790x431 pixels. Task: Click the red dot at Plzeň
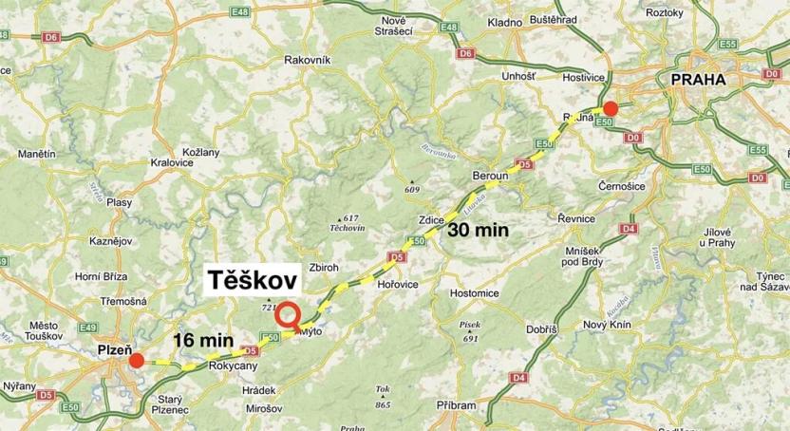(138, 360)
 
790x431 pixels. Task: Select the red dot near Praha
(611, 108)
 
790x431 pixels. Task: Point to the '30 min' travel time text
(479, 230)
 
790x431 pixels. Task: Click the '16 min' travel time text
(204, 339)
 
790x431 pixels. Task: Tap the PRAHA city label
(698, 81)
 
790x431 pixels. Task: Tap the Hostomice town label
(474, 292)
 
